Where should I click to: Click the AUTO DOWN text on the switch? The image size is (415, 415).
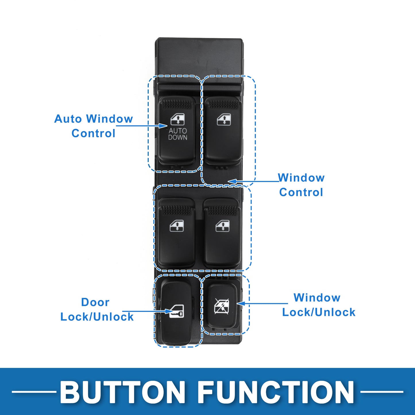178,134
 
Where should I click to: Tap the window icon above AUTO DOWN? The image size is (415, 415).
177,119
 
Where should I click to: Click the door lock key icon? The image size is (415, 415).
176,311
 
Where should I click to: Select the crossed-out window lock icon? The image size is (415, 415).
222,306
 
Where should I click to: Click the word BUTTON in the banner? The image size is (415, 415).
122,392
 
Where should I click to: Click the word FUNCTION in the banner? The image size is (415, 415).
276,392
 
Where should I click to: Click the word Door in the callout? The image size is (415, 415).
95,302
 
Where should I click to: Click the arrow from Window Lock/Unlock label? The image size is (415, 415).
262,304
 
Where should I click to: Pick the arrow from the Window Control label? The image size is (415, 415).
254,181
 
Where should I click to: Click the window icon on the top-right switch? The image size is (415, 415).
224,119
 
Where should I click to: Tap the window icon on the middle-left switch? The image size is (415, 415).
177,226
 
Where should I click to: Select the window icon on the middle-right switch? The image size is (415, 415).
223,226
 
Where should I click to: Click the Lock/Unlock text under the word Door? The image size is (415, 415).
97,317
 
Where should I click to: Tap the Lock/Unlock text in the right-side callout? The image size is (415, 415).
319,312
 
